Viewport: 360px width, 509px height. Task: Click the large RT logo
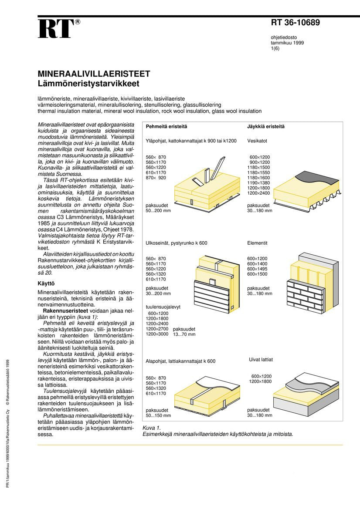[x=55, y=30]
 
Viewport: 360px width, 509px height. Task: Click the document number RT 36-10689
[x=295, y=23]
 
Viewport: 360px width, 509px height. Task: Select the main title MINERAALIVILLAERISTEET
[x=94, y=74]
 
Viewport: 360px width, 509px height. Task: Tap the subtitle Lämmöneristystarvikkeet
[x=88, y=82]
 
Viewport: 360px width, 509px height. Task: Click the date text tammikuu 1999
[x=287, y=43]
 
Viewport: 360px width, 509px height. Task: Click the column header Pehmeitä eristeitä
[x=166, y=126]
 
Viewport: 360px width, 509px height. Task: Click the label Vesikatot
[x=257, y=141]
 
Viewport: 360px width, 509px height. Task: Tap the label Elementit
[x=257, y=243]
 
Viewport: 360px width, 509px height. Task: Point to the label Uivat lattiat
[x=261, y=360]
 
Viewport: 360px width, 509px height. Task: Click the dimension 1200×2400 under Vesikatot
[x=258, y=193]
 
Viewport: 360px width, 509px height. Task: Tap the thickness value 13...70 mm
[x=184, y=334]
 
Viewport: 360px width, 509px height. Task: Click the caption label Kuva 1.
[x=152, y=428]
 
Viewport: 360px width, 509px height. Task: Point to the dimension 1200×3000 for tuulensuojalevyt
[x=157, y=334]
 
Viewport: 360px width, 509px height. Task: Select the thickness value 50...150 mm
[x=158, y=415]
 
